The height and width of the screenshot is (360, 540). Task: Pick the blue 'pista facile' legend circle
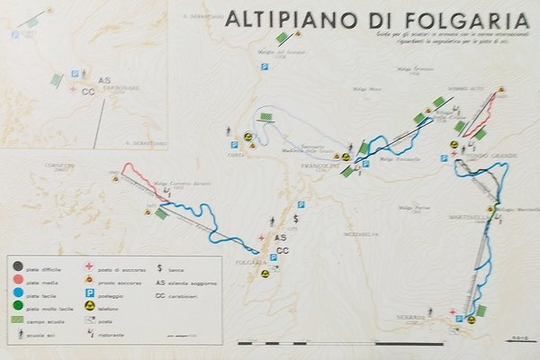[x=18, y=294]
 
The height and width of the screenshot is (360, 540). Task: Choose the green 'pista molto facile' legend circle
[x=18, y=307]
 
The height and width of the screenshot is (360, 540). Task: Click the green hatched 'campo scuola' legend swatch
[x=19, y=319]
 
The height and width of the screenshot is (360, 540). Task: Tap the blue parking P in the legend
[x=89, y=293]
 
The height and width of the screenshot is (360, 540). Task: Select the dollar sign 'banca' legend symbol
[x=159, y=267]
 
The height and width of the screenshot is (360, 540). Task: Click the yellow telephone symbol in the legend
[x=89, y=307]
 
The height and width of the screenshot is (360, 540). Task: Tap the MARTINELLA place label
[x=466, y=217]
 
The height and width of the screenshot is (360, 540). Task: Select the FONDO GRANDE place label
[x=497, y=157]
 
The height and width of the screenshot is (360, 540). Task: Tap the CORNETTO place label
[x=57, y=166]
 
